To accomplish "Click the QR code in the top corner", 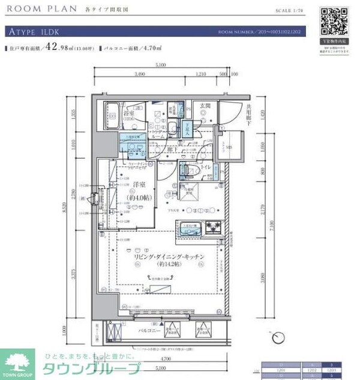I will [x=333, y=23].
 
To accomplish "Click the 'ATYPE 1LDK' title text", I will [x=34, y=32].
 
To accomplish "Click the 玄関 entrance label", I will [x=205, y=106].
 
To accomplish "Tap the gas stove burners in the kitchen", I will [x=213, y=228].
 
